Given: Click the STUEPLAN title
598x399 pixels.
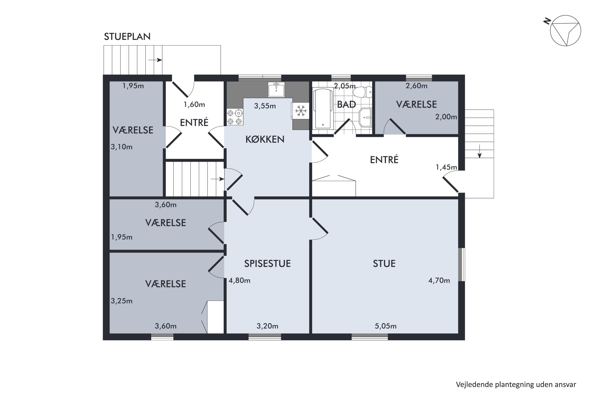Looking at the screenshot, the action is click(x=127, y=37).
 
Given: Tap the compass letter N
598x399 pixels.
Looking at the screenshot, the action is click(x=547, y=21).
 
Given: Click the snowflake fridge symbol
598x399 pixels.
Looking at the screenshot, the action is click(x=301, y=111).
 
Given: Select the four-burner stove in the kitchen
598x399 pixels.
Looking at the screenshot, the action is click(x=235, y=117).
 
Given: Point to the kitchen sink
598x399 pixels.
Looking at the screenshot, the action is click(x=276, y=90).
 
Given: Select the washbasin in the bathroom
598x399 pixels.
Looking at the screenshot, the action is click(x=365, y=117).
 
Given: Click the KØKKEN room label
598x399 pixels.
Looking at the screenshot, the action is click(x=265, y=139).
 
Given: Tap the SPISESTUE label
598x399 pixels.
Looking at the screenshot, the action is click(x=268, y=264).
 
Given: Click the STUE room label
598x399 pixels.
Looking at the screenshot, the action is click(x=384, y=264).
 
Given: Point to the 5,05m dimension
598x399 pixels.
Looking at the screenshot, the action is click(x=386, y=326).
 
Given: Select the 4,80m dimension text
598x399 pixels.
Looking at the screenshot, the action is click(x=240, y=280).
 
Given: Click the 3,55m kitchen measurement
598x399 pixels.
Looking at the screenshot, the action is click(x=265, y=106).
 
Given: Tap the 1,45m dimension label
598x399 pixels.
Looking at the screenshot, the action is click(x=446, y=167).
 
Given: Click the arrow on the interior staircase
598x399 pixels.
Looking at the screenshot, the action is click(x=217, y=179).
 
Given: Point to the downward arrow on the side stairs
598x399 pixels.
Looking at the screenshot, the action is click(x=480, y=151).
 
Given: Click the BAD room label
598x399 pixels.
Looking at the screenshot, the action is click(x=346, y=105).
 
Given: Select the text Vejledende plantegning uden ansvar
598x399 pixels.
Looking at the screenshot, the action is click(x=516, y=384).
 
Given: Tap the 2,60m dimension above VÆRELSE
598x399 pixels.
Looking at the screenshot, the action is click(x=416, y=86).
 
